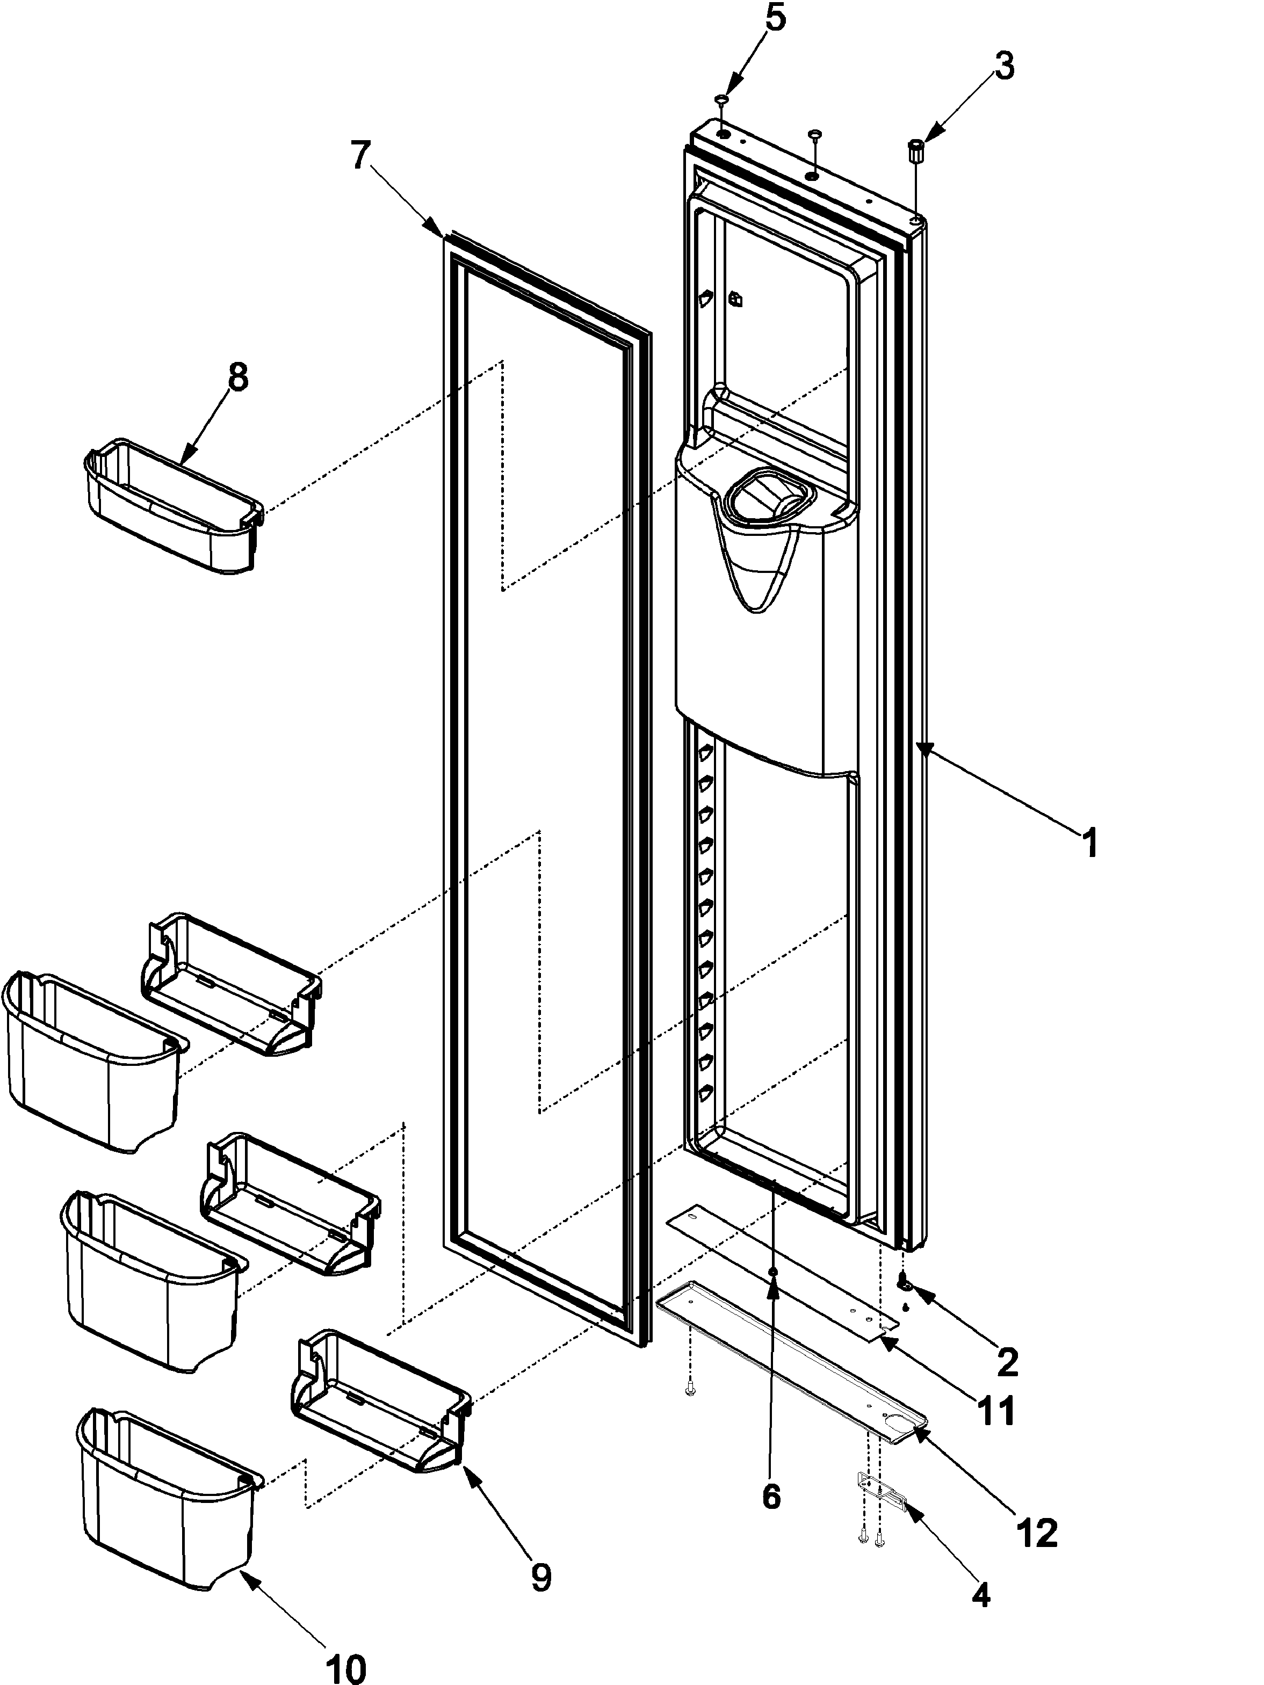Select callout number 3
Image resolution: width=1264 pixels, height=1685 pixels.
(1003, 67)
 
